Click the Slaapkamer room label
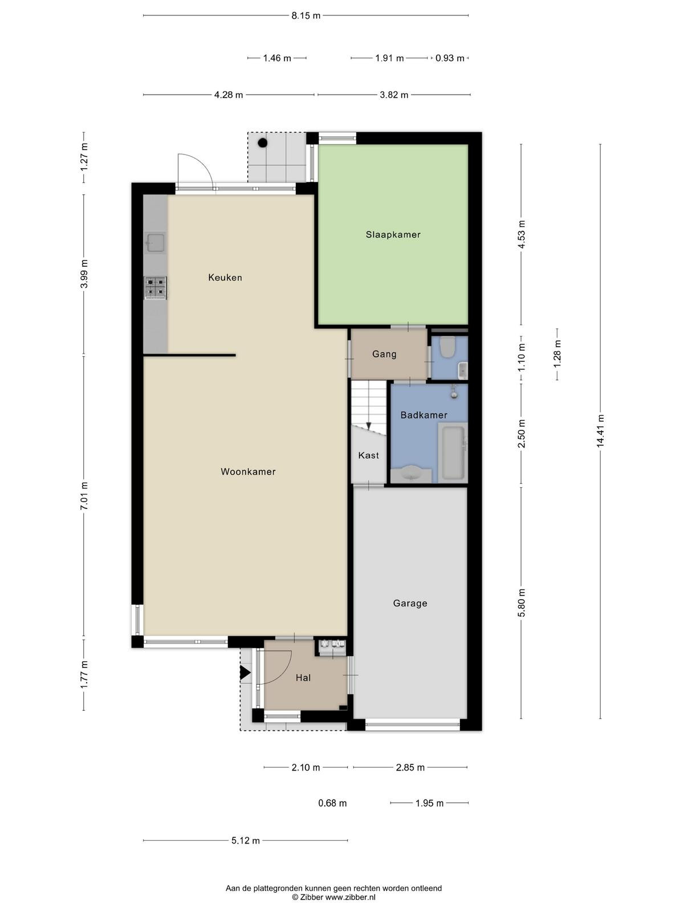coord(393,235)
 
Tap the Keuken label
coord(225,278)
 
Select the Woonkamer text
coord(248,471)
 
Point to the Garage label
coord(410,603)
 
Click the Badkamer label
coord(424,415)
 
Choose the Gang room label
coord(384,354)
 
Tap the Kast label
coord(368,455)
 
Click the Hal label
coord(303,678)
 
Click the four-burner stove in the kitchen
coord(155,288)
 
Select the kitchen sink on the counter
coord(155,242)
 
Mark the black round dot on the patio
coord(262,143)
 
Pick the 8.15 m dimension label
coord(306,16)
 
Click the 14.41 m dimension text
coord(600,431)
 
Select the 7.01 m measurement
coord(84,496)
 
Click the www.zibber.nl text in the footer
coord(350,897)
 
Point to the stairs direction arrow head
coord(368,426)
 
